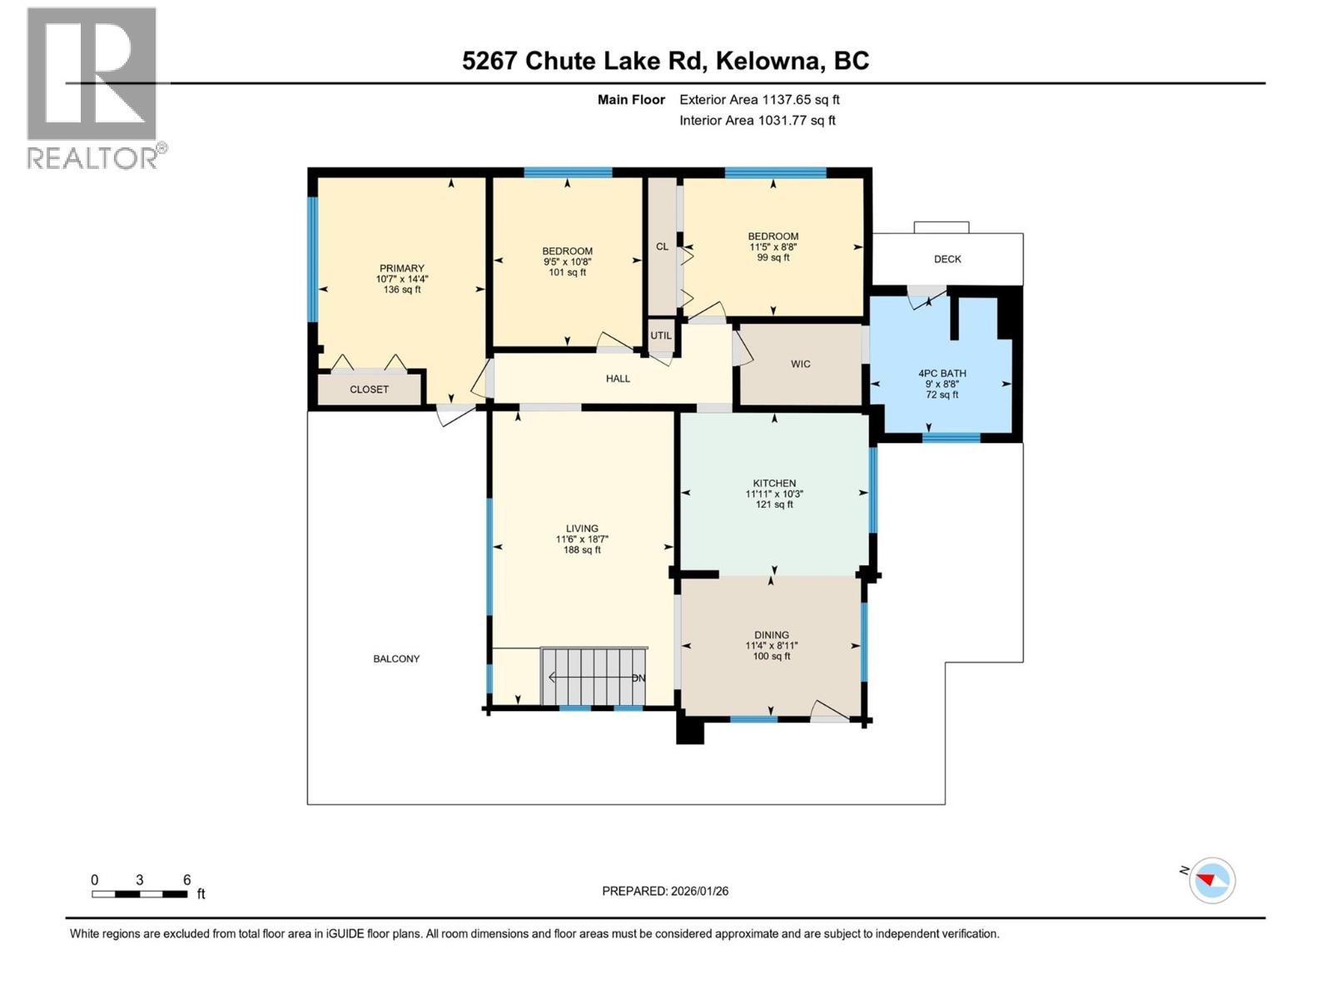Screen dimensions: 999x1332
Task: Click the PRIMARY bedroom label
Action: [402, 269]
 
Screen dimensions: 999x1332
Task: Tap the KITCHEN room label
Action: [774, 483]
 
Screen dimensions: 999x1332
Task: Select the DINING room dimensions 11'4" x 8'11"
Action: [772, 645]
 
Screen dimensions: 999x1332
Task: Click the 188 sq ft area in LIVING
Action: [582, 549]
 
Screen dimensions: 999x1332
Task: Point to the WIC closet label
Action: [800, 364]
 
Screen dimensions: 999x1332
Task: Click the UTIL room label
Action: [661, 335]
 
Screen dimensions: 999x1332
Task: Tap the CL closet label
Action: [662, 246]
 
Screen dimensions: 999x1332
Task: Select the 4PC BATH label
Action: [942, 373]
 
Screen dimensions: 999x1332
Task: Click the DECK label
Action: [947, 259]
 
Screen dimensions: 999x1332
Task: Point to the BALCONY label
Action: [396, 659]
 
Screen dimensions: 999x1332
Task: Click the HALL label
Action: [618, 379]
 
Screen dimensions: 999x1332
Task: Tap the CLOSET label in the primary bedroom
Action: [369, 390]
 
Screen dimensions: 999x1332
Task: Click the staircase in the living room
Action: [593, 678]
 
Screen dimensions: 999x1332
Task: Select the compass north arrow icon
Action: [1211, 880]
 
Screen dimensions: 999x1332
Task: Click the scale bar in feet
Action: [140, 893]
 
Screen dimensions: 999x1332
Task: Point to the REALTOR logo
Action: [92, 87]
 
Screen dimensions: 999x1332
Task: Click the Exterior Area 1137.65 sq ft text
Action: [758, 99]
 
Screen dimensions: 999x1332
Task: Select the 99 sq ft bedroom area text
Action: [773, 257]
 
